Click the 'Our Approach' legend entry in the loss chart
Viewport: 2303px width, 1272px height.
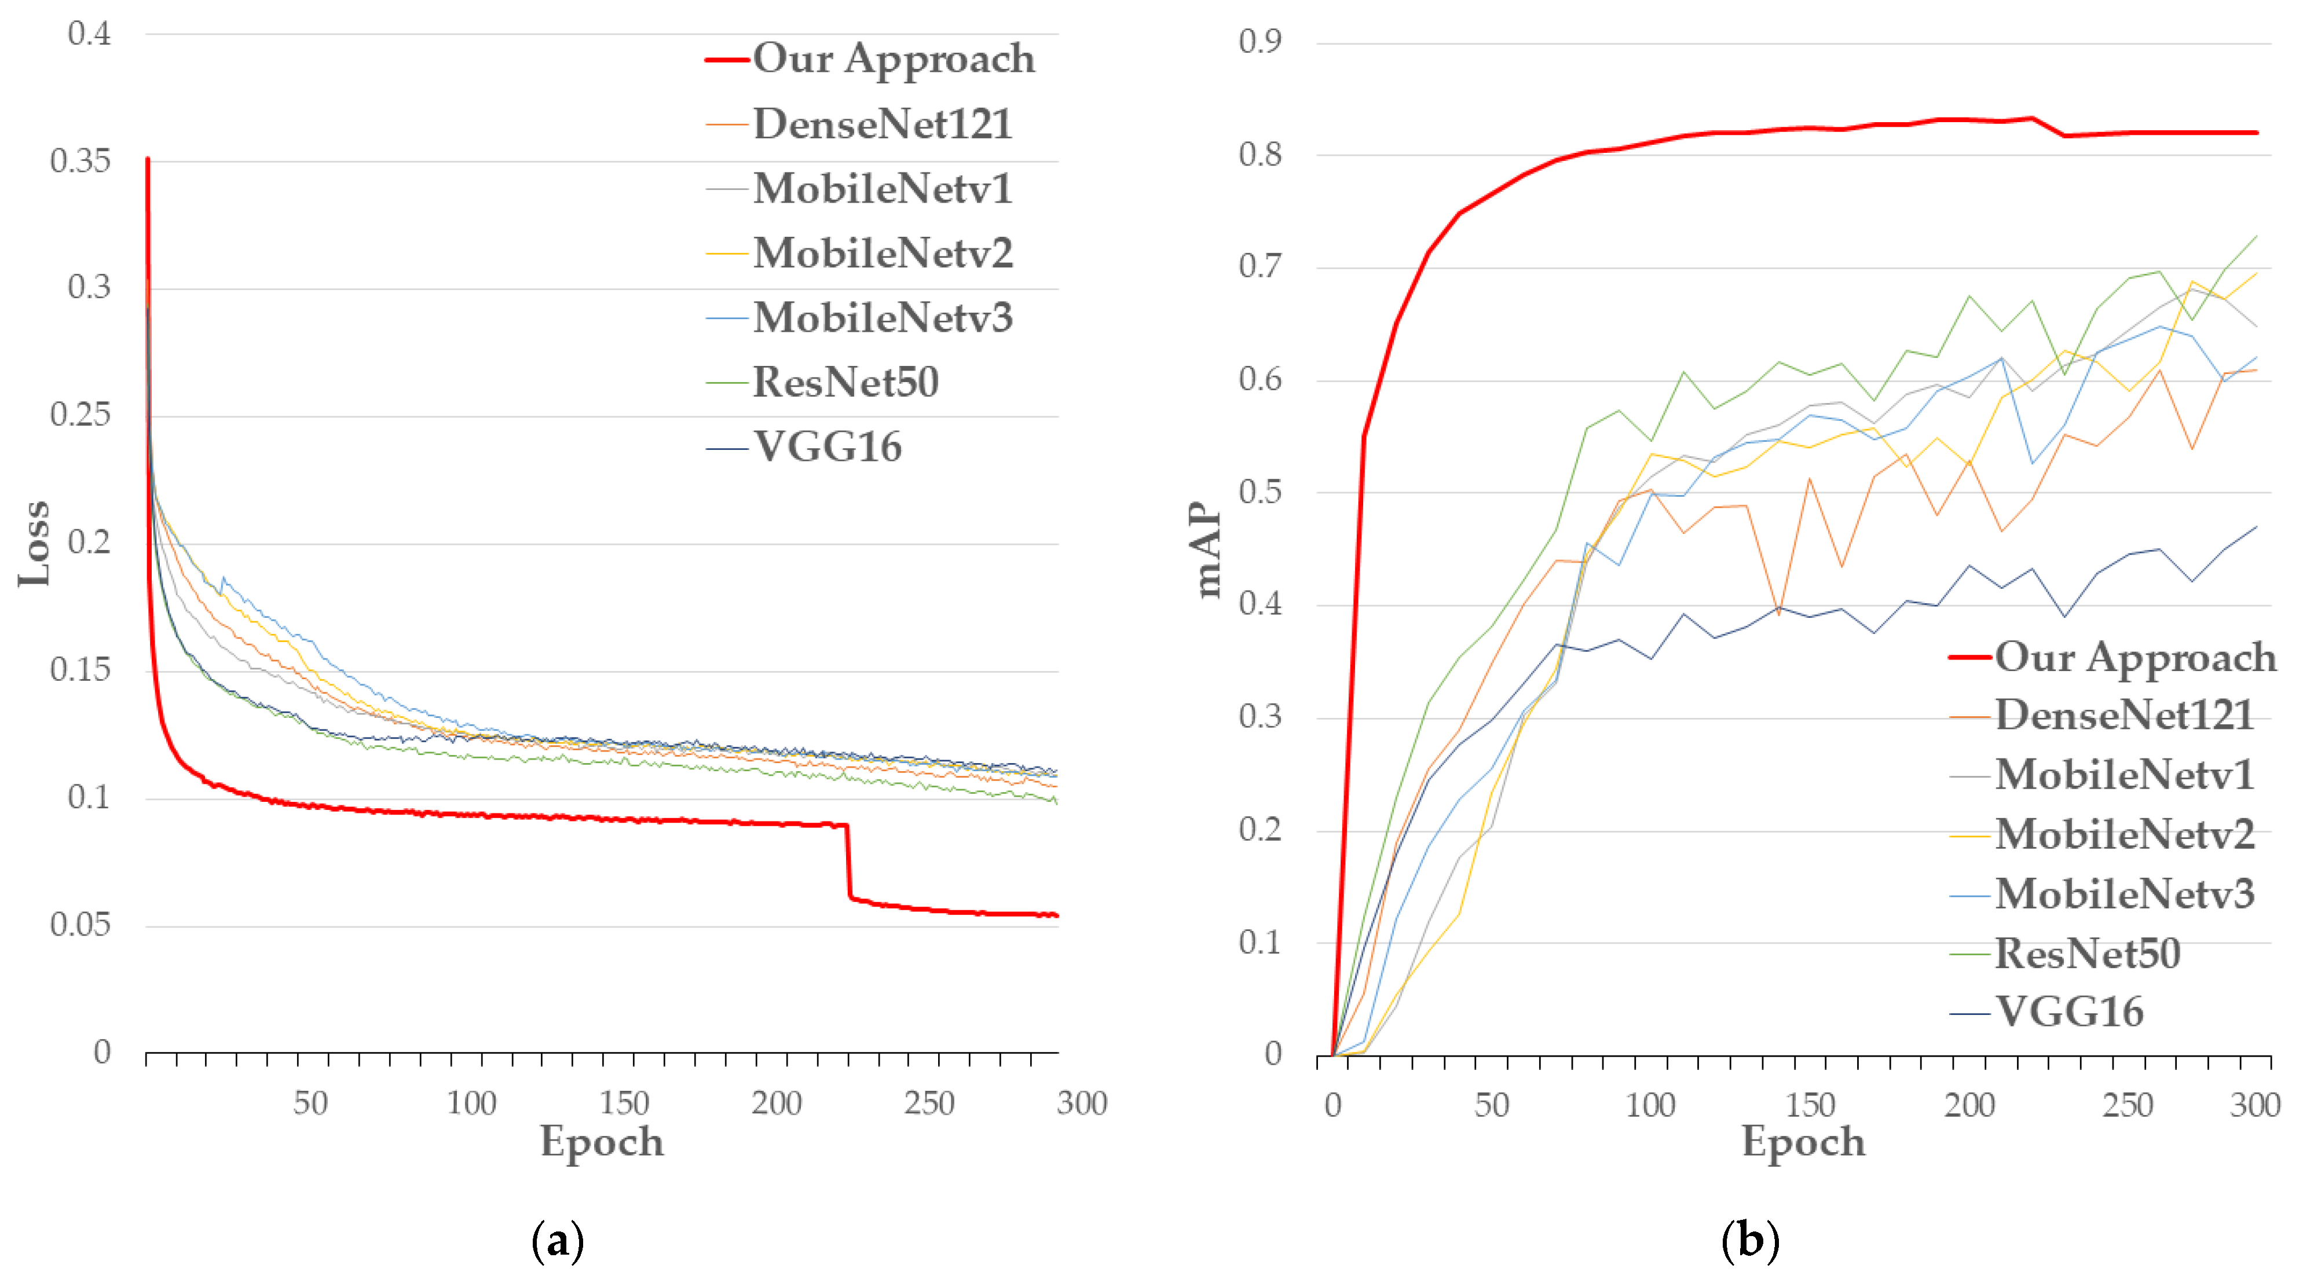(x=892, y=59)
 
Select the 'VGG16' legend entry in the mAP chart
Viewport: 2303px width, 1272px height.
(x=2070, y=1013)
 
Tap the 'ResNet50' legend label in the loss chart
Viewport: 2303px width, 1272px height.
(x=845, y=383)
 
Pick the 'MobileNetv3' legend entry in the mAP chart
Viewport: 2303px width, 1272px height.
(x=2124, y=894)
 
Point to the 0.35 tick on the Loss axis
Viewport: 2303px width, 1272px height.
(x=80, y=162)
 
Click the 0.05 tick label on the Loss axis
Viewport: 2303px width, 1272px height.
(x=80, y=925)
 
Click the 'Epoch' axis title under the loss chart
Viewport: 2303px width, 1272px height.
(x=602, y=1142)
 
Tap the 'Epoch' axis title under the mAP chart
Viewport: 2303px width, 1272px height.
(x=1803, y=1142)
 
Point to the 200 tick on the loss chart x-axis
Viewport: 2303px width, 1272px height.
(x=776, y=1104)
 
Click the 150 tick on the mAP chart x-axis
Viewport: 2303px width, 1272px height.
(x=1810, y=1106)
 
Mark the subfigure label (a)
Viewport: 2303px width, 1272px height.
(x=558, y=1241)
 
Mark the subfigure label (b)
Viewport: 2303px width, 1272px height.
(x=1749, y=1241)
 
